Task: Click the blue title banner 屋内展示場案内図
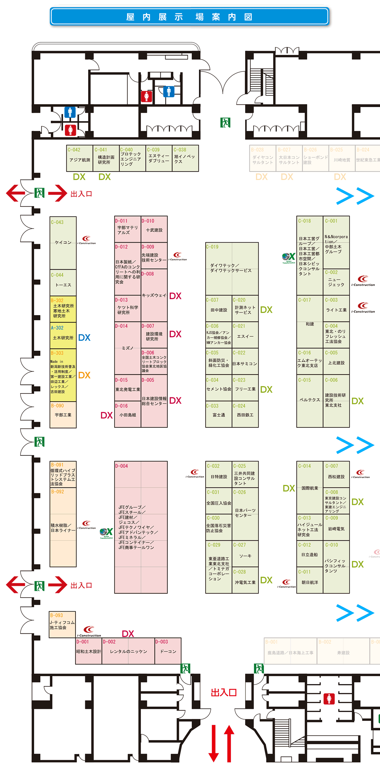coord(189,16)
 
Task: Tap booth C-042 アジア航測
coord(80,158)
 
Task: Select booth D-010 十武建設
coord(154,229)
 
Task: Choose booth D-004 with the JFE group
coord(141,527)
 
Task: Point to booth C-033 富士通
coord(219,414)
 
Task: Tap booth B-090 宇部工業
coord(63,414)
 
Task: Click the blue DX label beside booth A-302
coord(84,338)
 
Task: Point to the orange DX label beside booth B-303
coord(84,375)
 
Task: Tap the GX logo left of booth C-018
coord(289,258)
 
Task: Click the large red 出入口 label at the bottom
coord(224,692)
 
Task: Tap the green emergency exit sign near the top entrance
coord(225,122)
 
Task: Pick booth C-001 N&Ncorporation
coord(336,242)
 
